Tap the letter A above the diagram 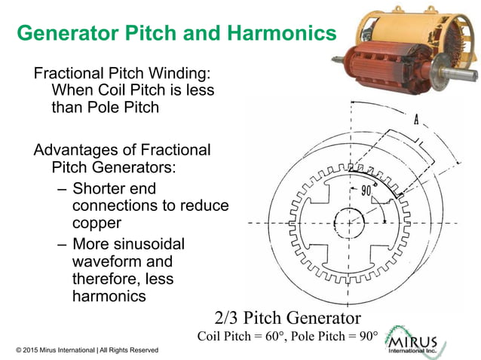click(x=416, y=119)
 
